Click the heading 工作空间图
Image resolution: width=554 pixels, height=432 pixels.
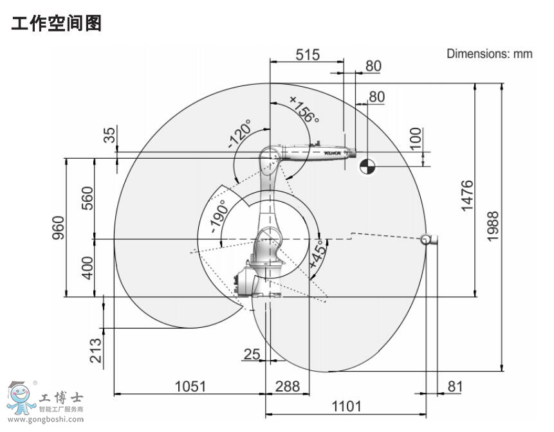[57, 24]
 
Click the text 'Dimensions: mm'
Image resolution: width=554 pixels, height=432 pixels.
[490, 54]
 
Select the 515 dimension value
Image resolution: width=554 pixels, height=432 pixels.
[308, 55]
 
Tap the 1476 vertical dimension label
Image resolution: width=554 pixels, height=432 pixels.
[467, 195]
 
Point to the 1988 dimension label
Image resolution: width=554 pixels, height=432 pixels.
[494, 227]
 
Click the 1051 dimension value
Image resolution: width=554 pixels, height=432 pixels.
[190, 386]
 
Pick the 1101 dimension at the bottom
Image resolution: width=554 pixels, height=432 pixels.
[346, 406]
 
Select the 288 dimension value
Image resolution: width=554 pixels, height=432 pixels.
[288, 386]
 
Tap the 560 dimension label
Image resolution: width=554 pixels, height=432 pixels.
[88, 199]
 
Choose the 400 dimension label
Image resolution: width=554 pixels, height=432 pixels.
[88, 268]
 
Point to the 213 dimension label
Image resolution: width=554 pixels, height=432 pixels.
[96, 350]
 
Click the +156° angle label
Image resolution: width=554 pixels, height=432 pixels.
[304, 109]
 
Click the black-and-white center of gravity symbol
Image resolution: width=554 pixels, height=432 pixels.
[367, 166]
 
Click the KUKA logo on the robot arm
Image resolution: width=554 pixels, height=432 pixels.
[332, 153]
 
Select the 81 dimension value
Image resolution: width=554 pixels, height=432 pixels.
[455, 386]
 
